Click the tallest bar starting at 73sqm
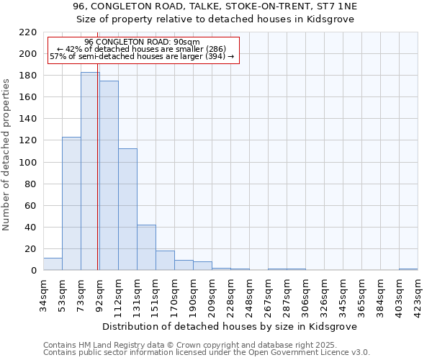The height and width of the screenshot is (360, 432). [x=90, y=171]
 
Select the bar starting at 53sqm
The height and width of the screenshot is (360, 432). [x=71, y=204]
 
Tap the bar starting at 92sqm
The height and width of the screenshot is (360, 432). [x=109, y=176]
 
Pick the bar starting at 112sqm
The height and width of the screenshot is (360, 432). [x=127, y=210]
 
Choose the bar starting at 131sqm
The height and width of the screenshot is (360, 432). [x=146, y=248]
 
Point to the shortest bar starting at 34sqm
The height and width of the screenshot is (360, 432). [x=53, y=264]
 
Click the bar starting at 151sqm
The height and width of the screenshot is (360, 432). [x=165, y=261]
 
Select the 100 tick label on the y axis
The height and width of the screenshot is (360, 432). [x=29, y=163]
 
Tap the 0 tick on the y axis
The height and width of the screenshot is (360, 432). [x=34, y=271]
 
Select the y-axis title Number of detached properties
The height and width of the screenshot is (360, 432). [x=7, y=152]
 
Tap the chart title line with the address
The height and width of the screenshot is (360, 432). [x=215, y=6]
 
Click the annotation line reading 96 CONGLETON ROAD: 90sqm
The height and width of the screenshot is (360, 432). [x=142, y=42]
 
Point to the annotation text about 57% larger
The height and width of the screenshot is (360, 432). [x=142, y=57]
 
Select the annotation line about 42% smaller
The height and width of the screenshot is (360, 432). [x=142, y=50]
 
